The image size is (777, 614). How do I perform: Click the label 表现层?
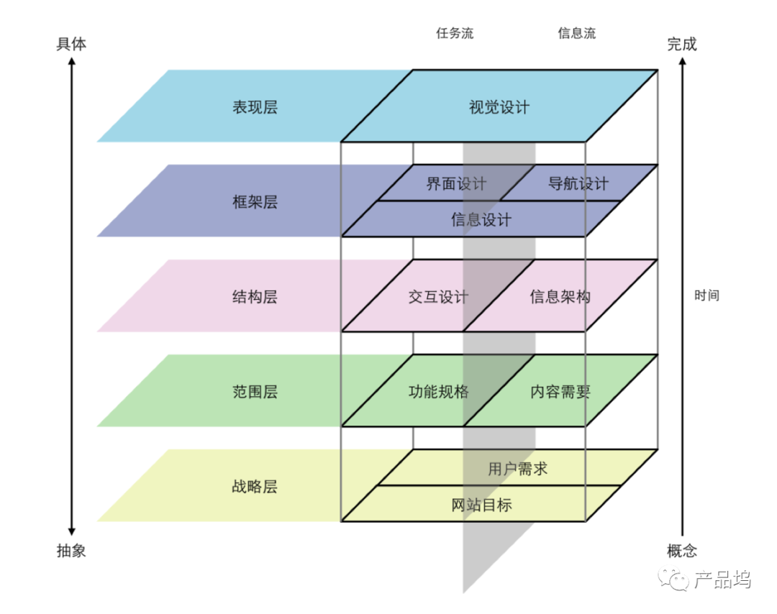click(255, 108)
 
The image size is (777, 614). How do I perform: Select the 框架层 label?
click(255, 202)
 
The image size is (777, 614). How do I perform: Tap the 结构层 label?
click(255, 297)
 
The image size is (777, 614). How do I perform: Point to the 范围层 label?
click(255, 392)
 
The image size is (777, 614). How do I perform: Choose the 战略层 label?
click(255, 487)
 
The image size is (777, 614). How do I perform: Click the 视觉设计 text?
click(499, 108)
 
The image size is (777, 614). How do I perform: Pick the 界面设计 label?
click(456, 183)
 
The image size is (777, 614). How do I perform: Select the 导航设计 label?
click(578, 183)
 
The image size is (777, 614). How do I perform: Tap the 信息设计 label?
click(481, 219)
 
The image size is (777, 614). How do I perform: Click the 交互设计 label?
click(438, 297)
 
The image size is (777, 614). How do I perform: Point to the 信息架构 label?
click(560, 297)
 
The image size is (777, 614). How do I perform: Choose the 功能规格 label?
click(438, 392)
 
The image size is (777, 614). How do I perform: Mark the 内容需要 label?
click(560, 392)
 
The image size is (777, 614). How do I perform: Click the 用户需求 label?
click(517, 469)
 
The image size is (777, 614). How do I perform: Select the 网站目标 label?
click(481, 505)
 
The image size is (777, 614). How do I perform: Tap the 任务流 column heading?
click(455, 33)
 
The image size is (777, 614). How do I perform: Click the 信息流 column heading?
click(577, 33)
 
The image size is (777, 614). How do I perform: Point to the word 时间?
click(706, 295)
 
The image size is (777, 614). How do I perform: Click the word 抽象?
click(71, 551)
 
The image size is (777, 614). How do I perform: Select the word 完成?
click(682, 45)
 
